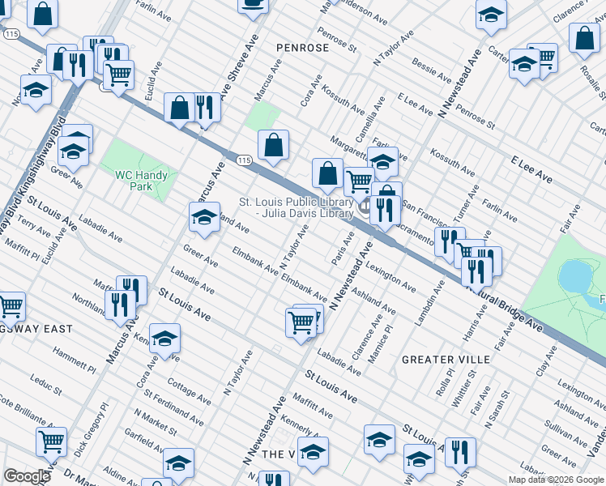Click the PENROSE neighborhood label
pyautogui.click(x=302, y=48)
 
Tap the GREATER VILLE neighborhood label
pyautogui.click(x=446, y=359)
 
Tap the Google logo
pyautogui.click(x=27, y=476)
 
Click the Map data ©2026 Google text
pyautogui.click(x=556, y=480)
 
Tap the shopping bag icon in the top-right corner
pyautogui.click(x=583, y=37)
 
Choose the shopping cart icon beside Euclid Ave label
pyautogui.click(x=118, y=75)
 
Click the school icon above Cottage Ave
pyautogui.click(x=164, y=339)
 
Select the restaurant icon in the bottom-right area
pyautogui.click(x=459, y=453)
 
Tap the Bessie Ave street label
pyautogui.click(x=432, y=70)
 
